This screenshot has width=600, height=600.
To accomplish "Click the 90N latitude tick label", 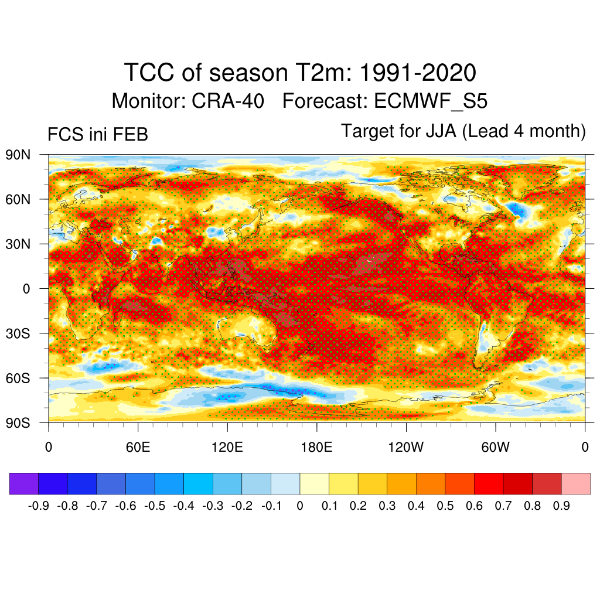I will [x=18, y=155].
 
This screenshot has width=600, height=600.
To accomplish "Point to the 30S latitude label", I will [x=18, y=333].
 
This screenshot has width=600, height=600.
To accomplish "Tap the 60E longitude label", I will [x=138, y=448].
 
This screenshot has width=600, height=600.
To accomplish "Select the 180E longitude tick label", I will [x=316, y=448].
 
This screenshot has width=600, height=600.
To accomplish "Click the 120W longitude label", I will [x=405, y=448].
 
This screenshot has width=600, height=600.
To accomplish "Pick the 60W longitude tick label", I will [x=495, y=448].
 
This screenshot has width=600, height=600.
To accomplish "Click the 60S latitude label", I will [x=18, y=378].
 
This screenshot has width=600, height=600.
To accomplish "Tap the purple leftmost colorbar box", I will [x=24, y=483].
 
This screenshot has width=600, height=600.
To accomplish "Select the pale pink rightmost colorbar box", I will [x=575, y=483].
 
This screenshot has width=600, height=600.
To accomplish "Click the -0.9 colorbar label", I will [x=38, y=506].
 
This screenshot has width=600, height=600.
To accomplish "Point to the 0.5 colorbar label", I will [x=445, y=506].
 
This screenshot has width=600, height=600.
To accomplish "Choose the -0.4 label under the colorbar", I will [x=183, y=506].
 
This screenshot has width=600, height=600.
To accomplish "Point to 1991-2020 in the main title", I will [x=417, y=73].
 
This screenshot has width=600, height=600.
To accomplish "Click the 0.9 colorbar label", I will [x=561, y=506].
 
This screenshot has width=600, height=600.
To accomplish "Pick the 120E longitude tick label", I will [x=227, y=448].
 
